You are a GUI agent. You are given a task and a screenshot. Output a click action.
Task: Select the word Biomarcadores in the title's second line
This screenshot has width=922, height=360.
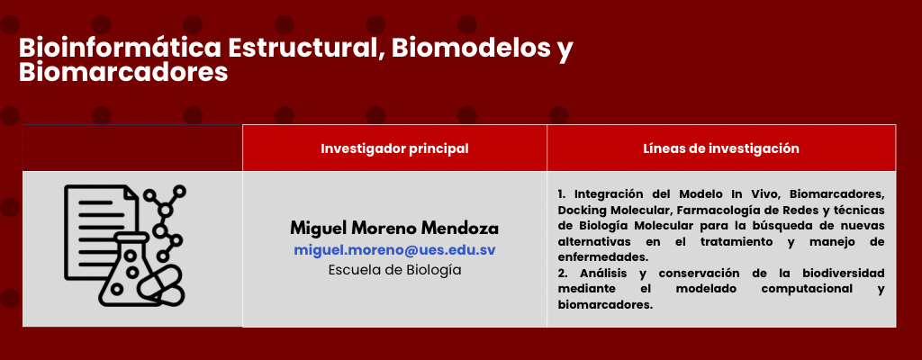[x=123, y=73]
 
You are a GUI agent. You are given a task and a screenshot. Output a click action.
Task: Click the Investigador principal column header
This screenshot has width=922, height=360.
[x=394, y=148]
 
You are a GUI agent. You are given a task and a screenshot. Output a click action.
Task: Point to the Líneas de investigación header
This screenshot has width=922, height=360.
[x=721, y=148]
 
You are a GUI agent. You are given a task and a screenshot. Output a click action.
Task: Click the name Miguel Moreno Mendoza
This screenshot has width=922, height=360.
[x=394, y=228]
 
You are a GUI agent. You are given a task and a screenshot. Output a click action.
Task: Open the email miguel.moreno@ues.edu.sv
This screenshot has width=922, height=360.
[x=394, y=249]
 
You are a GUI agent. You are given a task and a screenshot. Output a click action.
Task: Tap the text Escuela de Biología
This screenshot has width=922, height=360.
[x=394, y=270]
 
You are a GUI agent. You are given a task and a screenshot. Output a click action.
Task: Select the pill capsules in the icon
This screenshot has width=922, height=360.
[x=161, y=284]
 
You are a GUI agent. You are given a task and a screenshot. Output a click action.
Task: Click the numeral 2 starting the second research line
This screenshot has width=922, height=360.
[x=561, y=274]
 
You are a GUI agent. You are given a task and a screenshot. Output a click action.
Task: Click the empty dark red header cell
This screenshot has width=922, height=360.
[x=132, y=148]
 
